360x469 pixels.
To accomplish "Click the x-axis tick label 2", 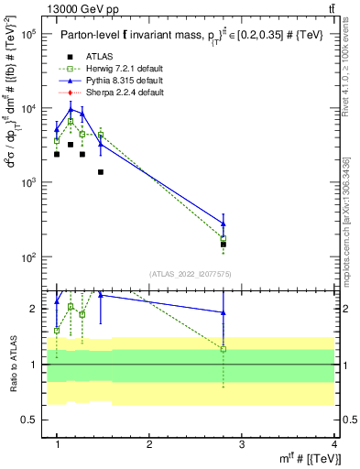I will [x=149, y=444].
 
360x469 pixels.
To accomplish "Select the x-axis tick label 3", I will [x=242, y=444].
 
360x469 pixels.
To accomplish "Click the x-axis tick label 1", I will [x=57, y=444].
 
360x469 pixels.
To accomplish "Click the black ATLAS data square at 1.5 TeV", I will [x=101, y=171].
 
